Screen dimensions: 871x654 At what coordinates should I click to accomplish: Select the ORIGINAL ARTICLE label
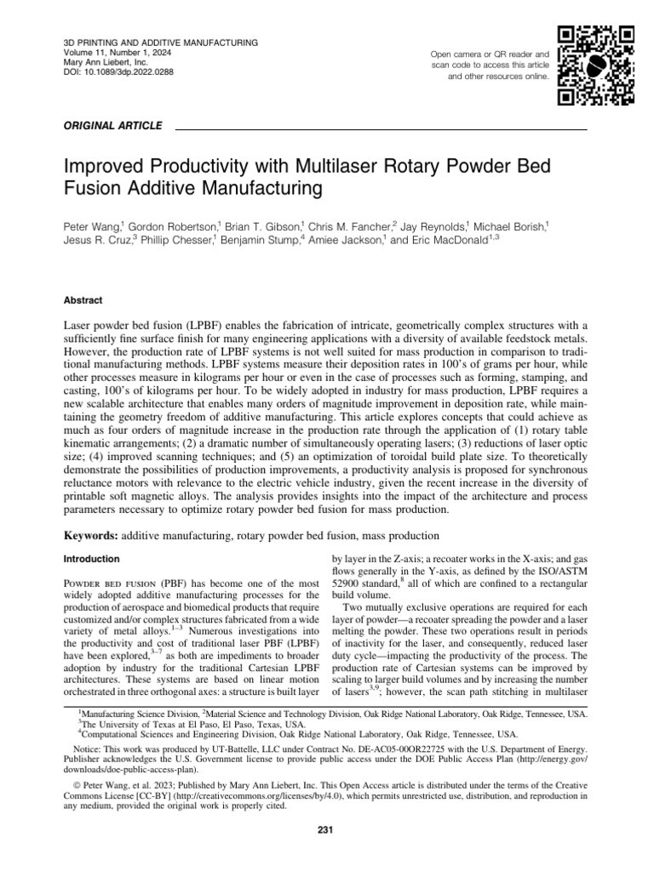pyautogui.click(x=113, y=126)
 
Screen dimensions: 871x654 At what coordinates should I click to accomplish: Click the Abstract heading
pyautogui.click(x=83, y=300)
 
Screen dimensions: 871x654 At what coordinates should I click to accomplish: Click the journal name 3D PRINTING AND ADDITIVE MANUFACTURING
pyautogui.click(x=162, y=43)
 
